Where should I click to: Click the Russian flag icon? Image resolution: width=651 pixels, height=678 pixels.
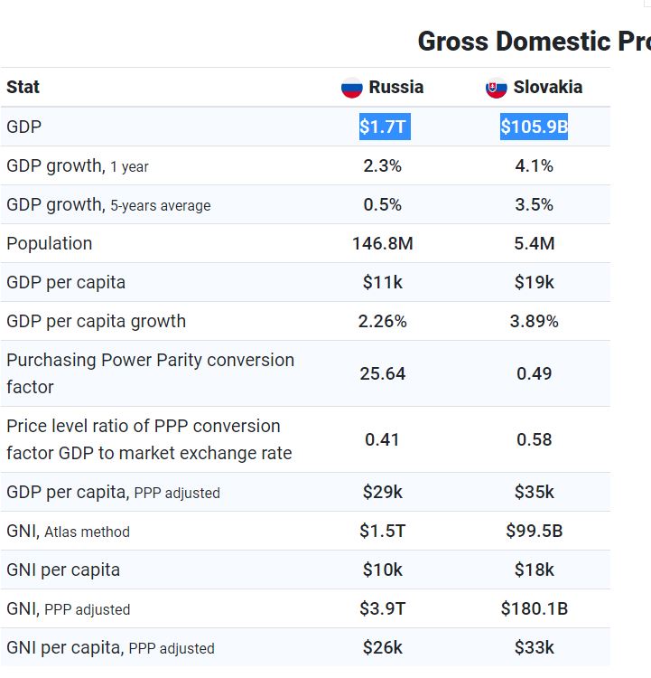point(352,88)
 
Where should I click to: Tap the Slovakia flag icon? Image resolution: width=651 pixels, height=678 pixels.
point(497,88)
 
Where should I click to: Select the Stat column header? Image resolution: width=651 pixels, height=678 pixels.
point(23,88)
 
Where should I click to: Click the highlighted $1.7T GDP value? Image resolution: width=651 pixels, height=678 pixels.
point(383,127)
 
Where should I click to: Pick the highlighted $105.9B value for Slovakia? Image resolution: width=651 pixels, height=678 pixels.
point(534,127)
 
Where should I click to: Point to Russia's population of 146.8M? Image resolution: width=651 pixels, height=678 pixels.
point(383,244)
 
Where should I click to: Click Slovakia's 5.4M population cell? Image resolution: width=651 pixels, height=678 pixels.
point(534,244)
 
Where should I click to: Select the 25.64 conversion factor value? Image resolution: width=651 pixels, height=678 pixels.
point(383,373)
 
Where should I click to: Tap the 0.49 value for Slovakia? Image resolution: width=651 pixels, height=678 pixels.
point(534,373)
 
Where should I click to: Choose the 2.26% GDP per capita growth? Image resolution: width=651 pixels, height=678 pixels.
point(383,322)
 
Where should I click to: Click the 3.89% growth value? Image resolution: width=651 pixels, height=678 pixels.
point(534,322)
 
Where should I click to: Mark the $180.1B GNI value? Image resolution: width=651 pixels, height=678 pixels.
point(534,609)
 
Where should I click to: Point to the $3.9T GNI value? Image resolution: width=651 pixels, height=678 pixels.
point(383,609)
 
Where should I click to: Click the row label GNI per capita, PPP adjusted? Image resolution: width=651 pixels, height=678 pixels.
point(110,648)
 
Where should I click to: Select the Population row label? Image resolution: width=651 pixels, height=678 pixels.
point(49,244)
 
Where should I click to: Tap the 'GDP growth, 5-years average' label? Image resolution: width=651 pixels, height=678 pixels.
point(108,205)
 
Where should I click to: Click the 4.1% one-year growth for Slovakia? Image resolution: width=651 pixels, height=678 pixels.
point(534,166)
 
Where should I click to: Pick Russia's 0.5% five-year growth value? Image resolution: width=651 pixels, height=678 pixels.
point(383,205)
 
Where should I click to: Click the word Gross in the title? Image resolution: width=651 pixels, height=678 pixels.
point(451,42)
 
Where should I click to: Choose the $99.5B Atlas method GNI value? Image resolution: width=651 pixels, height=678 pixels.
point(534,532)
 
